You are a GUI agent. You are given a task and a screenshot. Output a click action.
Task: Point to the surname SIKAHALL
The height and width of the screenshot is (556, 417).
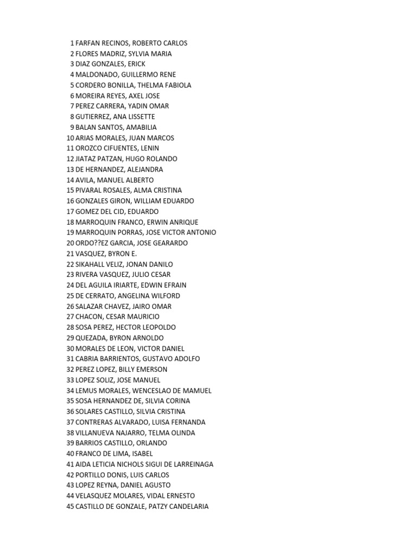[91, 264]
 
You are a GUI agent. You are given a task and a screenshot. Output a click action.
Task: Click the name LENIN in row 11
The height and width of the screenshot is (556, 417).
[149, 148]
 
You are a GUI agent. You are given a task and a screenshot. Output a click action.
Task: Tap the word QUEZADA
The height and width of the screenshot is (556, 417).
[90, 338]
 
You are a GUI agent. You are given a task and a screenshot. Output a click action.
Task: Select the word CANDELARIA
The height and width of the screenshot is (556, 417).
[187, 506]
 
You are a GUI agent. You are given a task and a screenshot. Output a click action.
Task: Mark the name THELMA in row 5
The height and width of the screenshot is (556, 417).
[150, 85]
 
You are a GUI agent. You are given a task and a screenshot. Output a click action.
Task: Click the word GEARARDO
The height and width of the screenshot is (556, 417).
[169, 243]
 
